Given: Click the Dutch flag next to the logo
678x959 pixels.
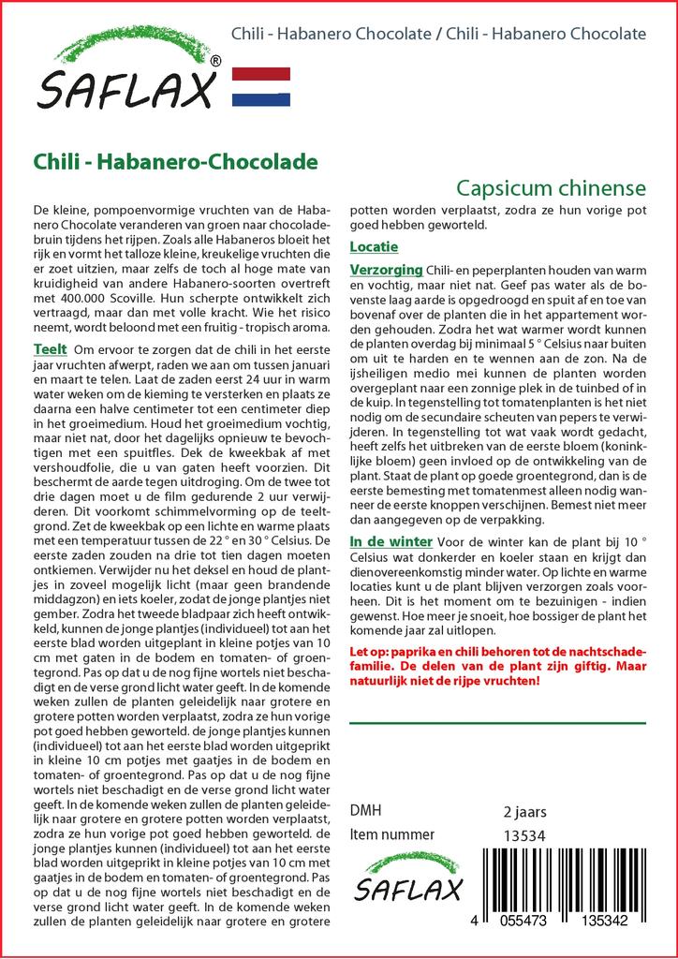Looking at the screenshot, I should [x=260, y=87].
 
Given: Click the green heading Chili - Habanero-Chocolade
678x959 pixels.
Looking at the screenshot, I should [x=174, y=163].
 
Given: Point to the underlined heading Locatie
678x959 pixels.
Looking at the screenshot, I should [x=374, y=247].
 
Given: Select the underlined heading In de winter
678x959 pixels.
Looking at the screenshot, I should [x=391, y=542].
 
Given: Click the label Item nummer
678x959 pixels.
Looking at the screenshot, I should [x=391, y=834].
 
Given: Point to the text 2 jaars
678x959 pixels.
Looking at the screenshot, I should [x=525, y=811].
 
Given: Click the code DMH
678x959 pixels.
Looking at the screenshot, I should [x=365, y=810].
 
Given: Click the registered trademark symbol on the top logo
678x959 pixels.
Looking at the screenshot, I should [x=216, y=61].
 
